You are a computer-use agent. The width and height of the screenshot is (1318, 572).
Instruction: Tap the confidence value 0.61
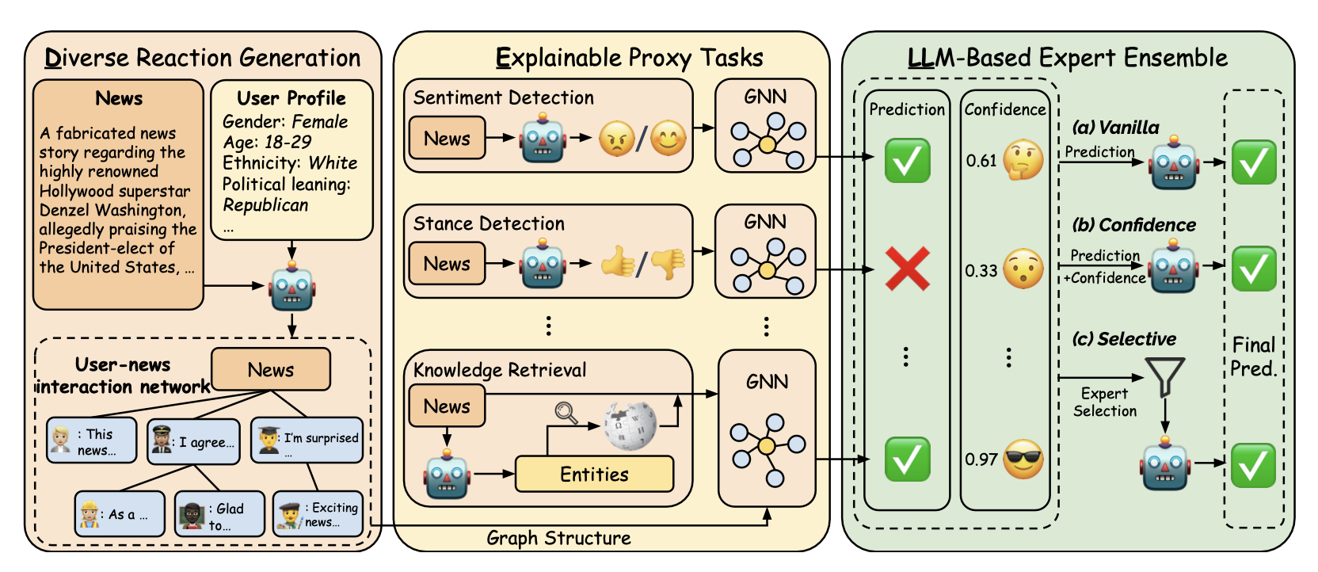click(981, 161)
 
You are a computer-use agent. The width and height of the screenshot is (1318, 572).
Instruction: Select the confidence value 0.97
click(981, 460)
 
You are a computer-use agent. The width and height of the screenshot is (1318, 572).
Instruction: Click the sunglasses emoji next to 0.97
click(1023, 460)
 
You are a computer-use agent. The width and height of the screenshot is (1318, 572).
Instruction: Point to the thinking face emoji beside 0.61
click(1023, 161)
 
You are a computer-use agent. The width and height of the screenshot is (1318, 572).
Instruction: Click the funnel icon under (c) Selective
click(1164, 376)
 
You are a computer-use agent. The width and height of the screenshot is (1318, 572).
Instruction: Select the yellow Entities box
click(594, 474)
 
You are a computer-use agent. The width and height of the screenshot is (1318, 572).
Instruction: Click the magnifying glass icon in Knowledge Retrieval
click(566, 413)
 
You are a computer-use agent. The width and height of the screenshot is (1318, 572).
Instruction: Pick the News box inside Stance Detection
click(447, 264)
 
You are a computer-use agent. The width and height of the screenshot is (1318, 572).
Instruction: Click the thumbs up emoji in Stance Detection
click(618, 261)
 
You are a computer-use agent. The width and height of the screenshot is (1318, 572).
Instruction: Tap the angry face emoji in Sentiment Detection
click(616, 139)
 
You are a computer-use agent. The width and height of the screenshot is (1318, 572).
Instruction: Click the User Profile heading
click(291, 98)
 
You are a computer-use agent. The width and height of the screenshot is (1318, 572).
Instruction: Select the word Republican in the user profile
click(265, 205)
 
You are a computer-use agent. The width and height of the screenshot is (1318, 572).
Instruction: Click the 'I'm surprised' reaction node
click(307, 440)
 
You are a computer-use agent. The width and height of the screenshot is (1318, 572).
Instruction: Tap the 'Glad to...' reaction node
click(219, 514)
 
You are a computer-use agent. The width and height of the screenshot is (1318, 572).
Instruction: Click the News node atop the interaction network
click(270, 369)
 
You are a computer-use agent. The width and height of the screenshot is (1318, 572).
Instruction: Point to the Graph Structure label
click(558, 538)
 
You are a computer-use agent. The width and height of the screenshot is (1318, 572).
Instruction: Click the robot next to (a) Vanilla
click(1174, 163)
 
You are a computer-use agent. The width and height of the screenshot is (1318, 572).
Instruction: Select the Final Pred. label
click(1253, 357)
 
